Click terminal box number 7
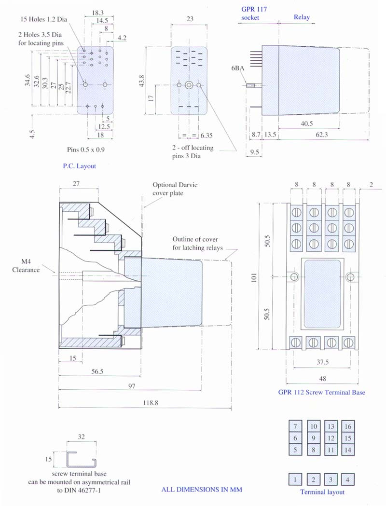(295, 426)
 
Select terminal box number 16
(348, 426)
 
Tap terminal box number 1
(295, 479)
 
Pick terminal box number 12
(331, 438)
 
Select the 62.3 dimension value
(322, 135)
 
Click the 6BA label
(237, 69)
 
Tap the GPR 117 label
(254, 9)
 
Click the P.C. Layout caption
(80, 166)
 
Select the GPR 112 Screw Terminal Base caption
(321, 392)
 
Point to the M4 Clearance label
(26, 266)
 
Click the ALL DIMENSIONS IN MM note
(201, 490)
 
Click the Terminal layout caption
(322, 492)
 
